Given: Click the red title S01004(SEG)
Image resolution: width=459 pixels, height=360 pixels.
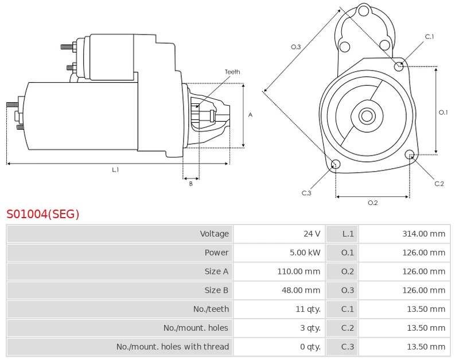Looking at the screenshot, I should pos(42,214).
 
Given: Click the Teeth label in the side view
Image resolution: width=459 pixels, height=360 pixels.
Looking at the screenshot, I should pos(232,72).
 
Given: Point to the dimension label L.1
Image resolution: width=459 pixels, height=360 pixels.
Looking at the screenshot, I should pos(115,169).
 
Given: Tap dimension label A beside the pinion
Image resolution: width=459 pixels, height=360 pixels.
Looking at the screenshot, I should pos(250,115).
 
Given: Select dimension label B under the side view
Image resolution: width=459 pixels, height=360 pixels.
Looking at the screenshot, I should pos(191,184).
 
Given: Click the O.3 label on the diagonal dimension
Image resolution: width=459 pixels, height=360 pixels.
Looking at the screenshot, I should pos(295,47).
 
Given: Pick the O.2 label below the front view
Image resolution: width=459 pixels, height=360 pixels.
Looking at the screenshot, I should pos(372,202).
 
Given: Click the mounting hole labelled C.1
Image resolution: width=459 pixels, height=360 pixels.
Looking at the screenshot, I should pos(399,67).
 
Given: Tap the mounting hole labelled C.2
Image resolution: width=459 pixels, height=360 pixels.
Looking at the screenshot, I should pos(410,154).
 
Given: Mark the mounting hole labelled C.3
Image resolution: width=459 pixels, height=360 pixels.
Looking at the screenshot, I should pos(336,165).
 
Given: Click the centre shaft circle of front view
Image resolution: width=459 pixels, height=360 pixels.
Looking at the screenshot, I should pos(366,116).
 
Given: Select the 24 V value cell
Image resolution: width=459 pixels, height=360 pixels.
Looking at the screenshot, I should pos(312,234).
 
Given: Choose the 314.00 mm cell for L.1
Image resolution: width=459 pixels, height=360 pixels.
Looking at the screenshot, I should pos(423,234).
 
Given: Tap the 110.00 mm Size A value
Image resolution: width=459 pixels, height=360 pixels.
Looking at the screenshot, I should pos(299,272).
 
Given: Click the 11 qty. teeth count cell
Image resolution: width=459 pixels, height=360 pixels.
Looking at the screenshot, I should pos(308,309).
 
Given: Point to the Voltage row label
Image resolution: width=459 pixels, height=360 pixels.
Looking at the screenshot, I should pos(214,234).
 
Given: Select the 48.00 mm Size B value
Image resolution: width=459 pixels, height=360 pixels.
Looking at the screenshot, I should pos(301,291).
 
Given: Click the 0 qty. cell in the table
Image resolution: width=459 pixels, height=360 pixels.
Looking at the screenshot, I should pos(310,347).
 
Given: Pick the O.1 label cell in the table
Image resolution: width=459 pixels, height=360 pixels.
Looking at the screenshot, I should pos(348,253).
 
